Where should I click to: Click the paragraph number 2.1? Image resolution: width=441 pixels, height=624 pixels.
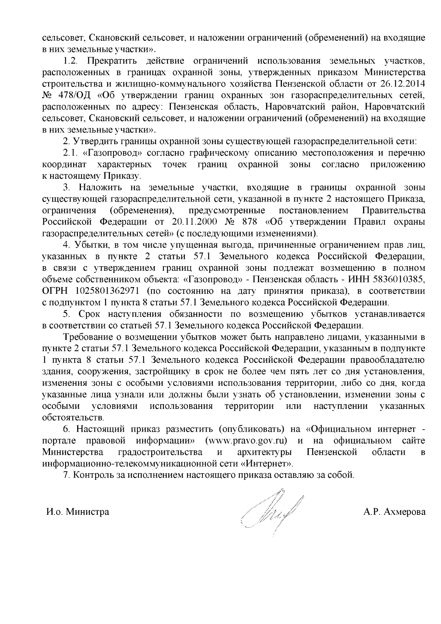pos(69,153)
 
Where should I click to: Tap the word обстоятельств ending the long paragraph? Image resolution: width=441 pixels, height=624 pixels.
pos(73,418)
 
